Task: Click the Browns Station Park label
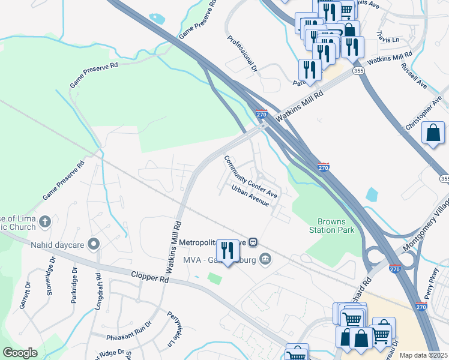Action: [331, 225]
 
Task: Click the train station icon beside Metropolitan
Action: [254, 242]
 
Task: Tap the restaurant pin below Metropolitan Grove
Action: [226, 248]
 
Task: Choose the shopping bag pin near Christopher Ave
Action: [433, 133]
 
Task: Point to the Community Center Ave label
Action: [250, 178]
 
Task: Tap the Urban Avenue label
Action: [251, 196]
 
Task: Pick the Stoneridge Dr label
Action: [51, 288]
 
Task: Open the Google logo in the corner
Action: [20, 353]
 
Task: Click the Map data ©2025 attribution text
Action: [424, 355]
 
